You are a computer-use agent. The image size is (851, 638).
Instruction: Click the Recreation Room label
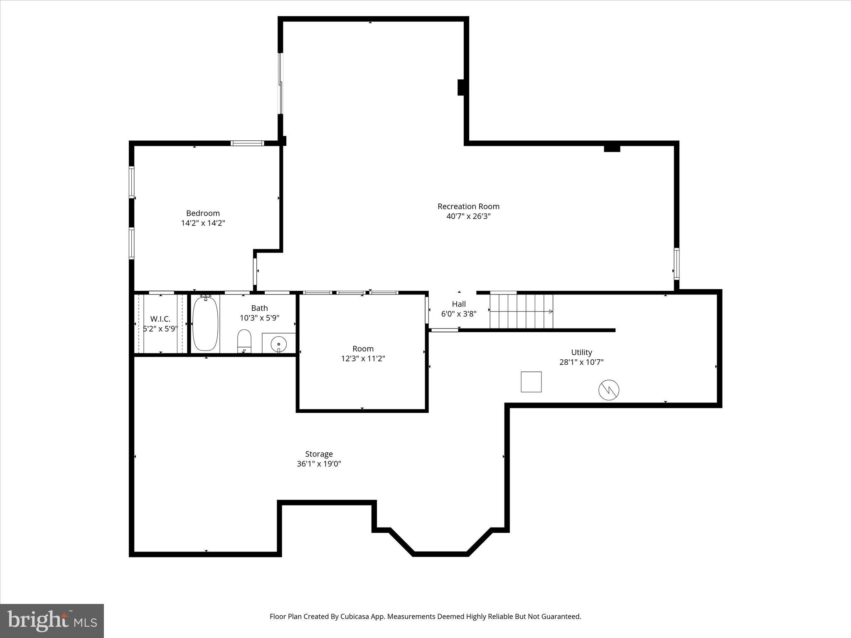[x=468, y=206]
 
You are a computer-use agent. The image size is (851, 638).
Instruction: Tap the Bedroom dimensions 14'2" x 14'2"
[x=203, y=223]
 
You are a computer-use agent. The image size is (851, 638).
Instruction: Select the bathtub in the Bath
[x=205, y=323]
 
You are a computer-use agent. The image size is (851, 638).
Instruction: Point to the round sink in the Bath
[x=278, y=344]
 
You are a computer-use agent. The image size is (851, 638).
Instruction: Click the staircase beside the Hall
[x=521, y=311]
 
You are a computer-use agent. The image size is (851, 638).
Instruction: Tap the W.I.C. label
[x=160, y=319]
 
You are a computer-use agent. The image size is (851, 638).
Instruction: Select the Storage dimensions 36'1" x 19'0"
[x=319, y=464]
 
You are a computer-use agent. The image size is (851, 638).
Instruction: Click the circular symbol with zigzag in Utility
[x=609, y=390]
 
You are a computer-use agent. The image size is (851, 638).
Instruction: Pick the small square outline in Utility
[x=531, y=382]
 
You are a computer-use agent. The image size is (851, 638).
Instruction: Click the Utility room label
[x=581, y=352]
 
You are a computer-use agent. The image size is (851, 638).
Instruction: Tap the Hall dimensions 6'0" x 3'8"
[x=459, y=314]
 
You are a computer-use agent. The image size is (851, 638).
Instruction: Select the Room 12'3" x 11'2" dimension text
[x=363, y=358]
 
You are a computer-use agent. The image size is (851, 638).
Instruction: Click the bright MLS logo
[x=52, y=621]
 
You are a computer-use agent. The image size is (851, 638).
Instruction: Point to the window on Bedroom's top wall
[x=247, y=143]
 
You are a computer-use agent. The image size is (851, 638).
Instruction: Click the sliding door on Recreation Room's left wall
[x=280, y=83]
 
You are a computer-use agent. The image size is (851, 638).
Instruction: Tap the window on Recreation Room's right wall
[x=676, y=263]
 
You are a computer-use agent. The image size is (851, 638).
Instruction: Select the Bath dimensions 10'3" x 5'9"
[x=259, y=318]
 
